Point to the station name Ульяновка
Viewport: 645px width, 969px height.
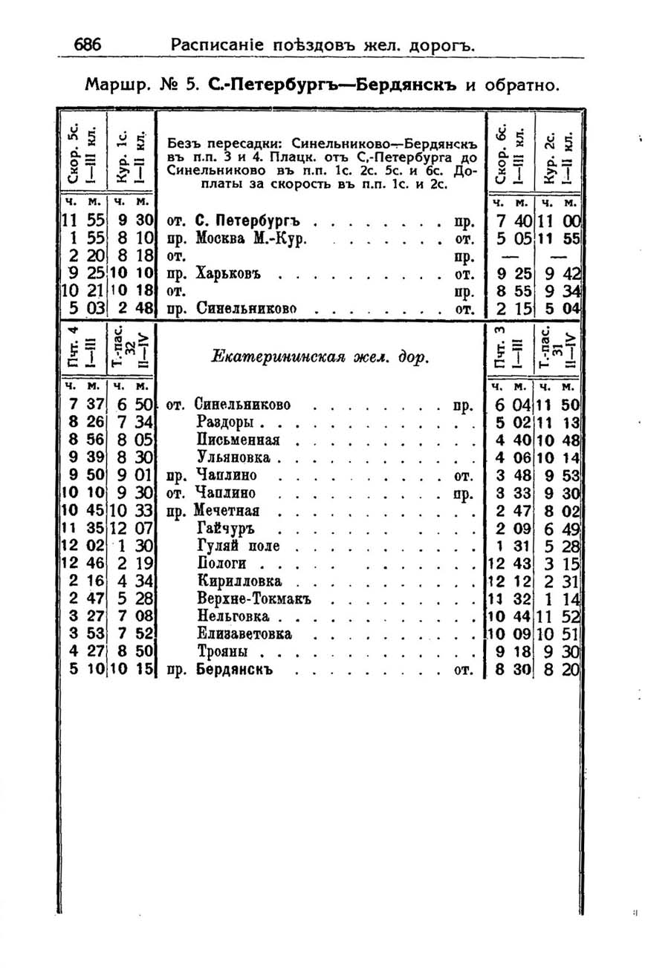(x=233, y=457)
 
